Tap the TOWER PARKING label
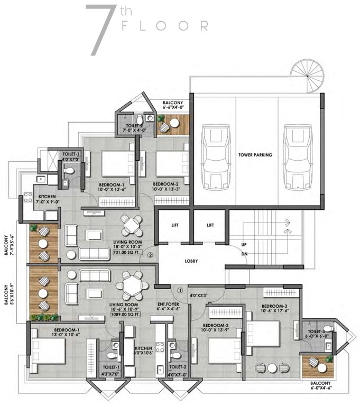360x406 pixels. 255,155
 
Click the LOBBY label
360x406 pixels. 191,261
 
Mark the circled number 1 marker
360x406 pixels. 180,290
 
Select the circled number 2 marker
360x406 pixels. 151,255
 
